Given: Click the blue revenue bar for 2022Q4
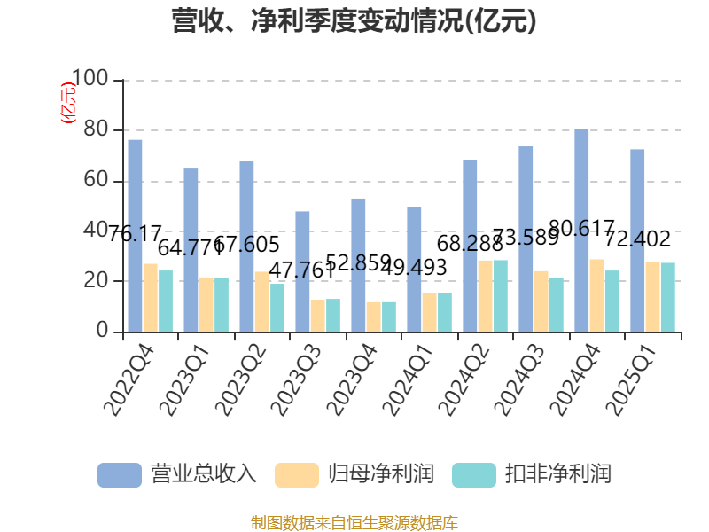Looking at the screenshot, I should pyautogui.click(x=135, y=236).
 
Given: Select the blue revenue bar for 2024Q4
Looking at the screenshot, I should pyautogui.click(x=581, y=231).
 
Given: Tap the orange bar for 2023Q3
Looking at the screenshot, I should pyautogui.click(x=317, y=316).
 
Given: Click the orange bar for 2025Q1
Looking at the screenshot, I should pyautogui.click(x=652, y=297).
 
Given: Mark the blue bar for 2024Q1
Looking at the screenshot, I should pyautogui.click(x=414, y=270).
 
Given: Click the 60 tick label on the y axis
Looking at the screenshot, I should pyautogui.click(x=97, y=181).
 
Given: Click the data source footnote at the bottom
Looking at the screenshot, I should pyautogui.click(x=354, y=522).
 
